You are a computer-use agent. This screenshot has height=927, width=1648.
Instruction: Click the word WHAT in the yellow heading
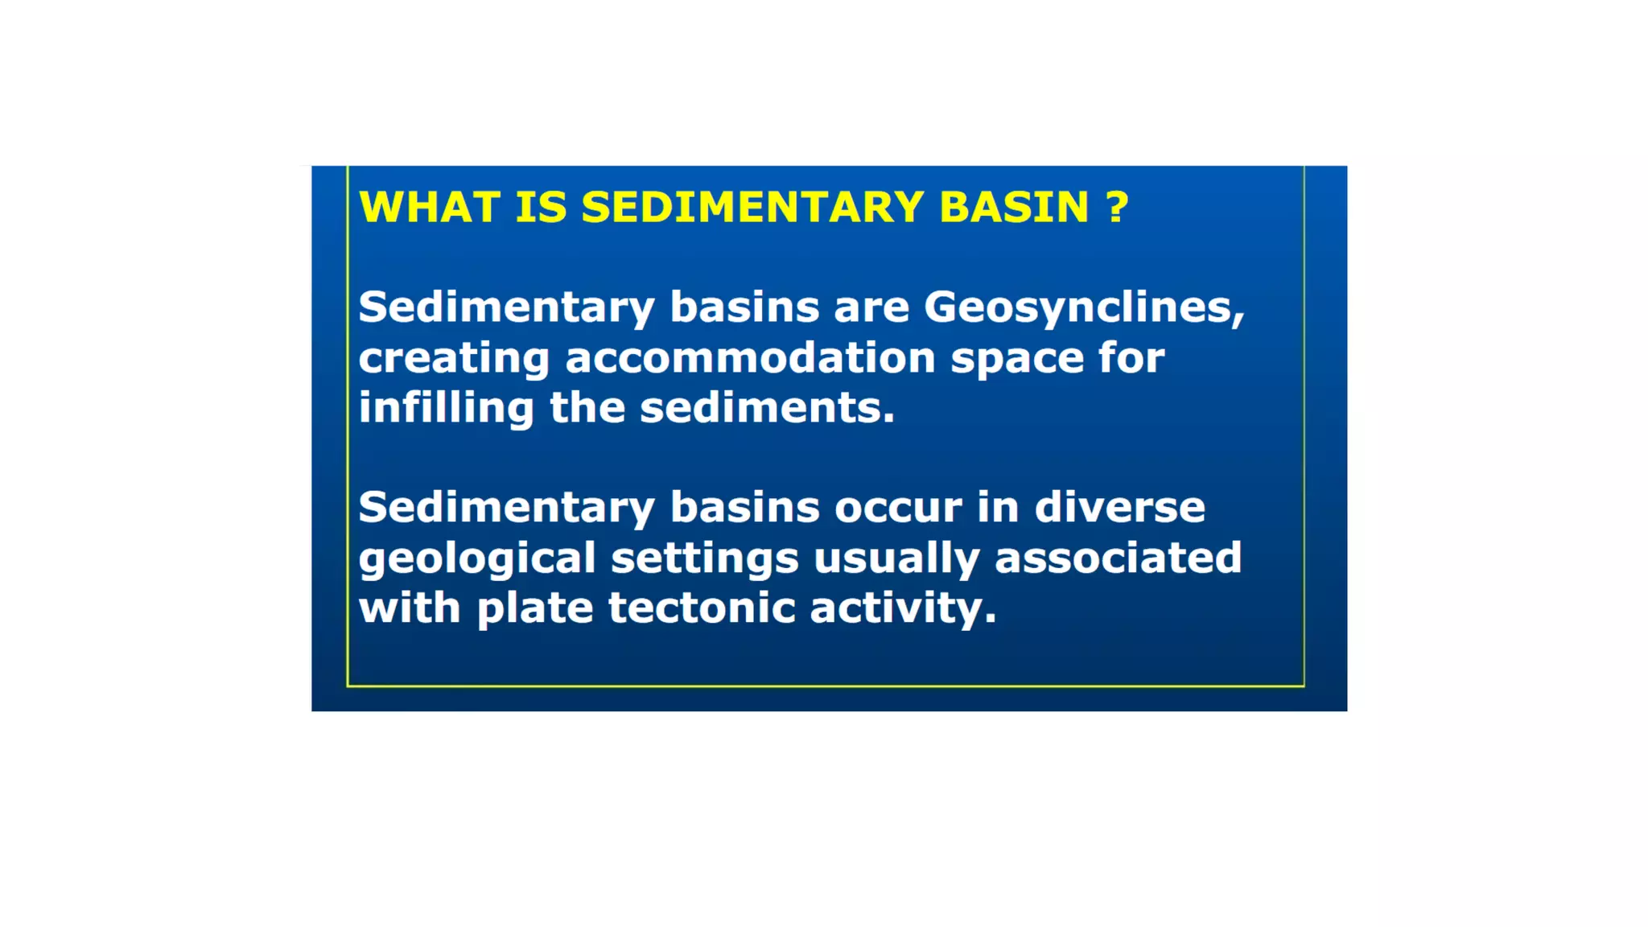click(x=430, y=208)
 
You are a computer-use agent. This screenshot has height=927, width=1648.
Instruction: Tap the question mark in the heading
click(x=1118, y=208)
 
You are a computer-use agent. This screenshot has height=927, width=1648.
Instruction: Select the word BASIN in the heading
click(x=1014, y=208)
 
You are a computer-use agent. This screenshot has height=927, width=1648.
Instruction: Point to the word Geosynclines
click(x=1083, y=308)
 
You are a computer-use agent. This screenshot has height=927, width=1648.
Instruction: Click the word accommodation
click(x=750, y=358)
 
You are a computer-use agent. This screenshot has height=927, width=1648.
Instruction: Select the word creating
click(x=454, y=358)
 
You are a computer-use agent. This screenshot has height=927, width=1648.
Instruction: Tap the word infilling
click(x=446, y=407)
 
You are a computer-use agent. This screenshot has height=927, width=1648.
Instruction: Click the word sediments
click(x=766, y=409)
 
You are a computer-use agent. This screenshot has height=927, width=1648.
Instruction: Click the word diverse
click(x=1119, y=508)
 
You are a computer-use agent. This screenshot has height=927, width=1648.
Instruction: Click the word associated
click(x=1118, y=558)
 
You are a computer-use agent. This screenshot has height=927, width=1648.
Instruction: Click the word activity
click(x=902, y=608)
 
